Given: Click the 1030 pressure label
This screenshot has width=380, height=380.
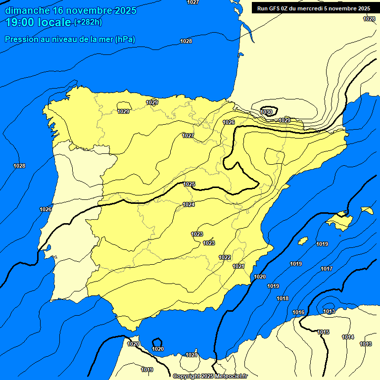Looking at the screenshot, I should (x=266, y=112).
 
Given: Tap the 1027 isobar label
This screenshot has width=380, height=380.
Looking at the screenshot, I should (x=188, y=136).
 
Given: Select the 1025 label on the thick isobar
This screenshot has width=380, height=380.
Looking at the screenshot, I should (x=189, y=184).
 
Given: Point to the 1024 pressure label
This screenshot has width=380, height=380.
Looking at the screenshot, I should (x=189, y=204).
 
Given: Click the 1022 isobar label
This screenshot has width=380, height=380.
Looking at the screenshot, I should (x=225, y=257).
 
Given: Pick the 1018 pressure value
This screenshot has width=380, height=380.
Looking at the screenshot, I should (x=283, y=298).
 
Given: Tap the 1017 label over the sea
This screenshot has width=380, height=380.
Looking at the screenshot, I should (x=326, y=269).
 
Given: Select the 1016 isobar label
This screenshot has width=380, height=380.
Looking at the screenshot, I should (x=298, y=312).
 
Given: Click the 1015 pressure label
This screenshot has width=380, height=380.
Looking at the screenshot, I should (x=324, y=332).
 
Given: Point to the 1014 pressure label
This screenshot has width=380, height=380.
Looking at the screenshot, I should (x=348, y=337).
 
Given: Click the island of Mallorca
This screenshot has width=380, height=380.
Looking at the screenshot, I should (x=339, y=218).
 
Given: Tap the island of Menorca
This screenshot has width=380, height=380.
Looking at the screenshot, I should (x=367, y=210).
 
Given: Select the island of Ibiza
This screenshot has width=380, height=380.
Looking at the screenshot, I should (x=303, y=240).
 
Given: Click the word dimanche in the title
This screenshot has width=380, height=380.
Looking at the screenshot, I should (x=25, y=10).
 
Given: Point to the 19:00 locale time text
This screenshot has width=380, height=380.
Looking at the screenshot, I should (x=39, y=22).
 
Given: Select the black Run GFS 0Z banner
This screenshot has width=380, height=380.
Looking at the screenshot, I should (x=314, y=8).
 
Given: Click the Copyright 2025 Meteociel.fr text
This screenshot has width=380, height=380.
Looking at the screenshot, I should (x=210, y=376).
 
